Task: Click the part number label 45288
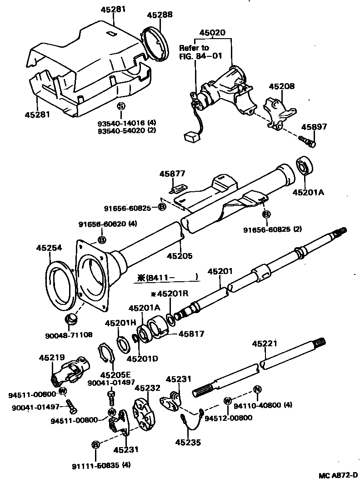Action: click(x=160, y=15)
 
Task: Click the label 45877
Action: click(x=172, y=173)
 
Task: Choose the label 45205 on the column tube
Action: click(x=180, y=255)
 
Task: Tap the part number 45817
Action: click(x=191, y=334)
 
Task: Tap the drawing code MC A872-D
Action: click(x=338, y=475)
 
